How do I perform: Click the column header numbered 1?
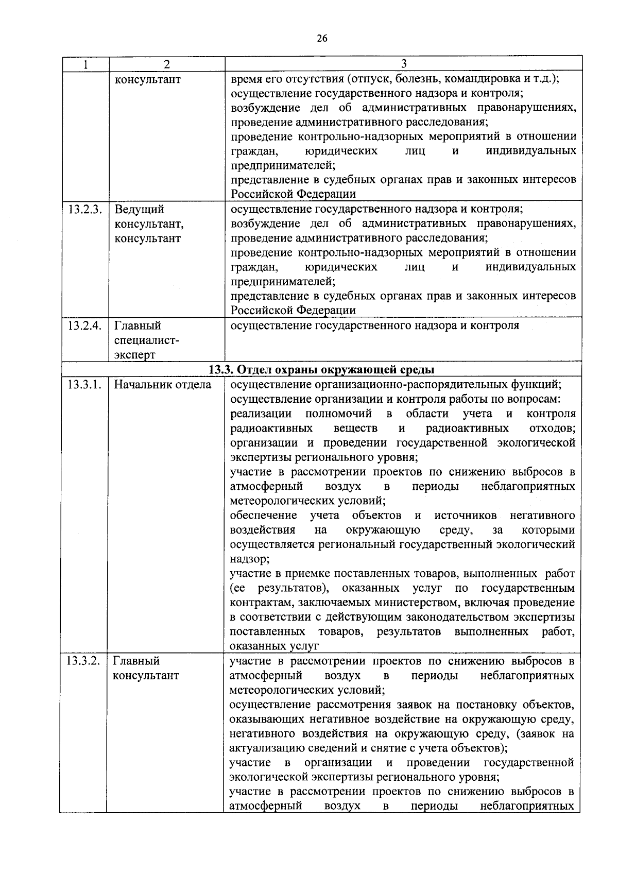click(85, 64)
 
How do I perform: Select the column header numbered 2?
click(166, 64)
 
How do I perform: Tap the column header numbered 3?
click(404, 63)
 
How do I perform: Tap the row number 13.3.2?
click(83, 661)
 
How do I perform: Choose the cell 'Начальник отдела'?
click(162, 385)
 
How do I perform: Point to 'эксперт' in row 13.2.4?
click(134, 355)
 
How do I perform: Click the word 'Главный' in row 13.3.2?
click(136, 661)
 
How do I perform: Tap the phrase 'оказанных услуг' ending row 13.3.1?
click(274, 646)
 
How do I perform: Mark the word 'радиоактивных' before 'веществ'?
click(271, 429)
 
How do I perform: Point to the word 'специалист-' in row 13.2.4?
click(146, 340)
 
